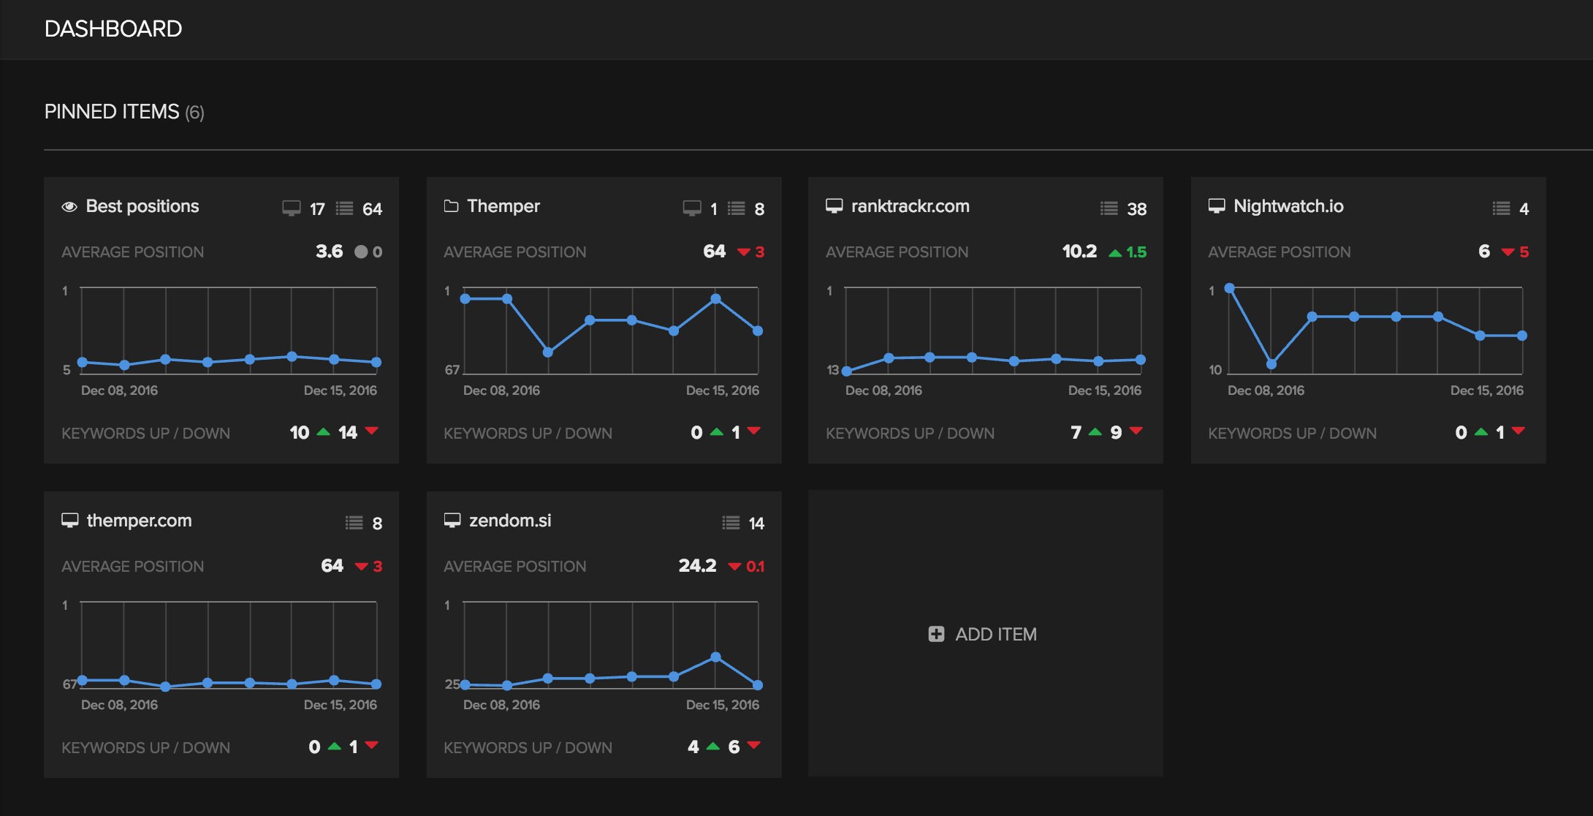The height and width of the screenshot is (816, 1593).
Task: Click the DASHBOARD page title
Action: point(113,29)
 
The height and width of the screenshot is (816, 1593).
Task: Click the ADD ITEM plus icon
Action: point(936,634)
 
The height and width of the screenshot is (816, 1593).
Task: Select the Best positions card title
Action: point(142,206)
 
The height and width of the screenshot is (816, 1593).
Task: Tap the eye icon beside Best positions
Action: point(69,207)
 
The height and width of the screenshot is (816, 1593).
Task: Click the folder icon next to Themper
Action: point(452,206)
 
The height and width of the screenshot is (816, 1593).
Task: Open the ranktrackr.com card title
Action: point(910,206)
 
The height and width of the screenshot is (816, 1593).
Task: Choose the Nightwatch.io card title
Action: point(1288,206)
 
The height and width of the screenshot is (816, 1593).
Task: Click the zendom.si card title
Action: point(510,521)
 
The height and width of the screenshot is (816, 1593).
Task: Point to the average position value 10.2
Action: point(1079,252)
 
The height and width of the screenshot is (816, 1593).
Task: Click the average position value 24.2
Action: point(697,566)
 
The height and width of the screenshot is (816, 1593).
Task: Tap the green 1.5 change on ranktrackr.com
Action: point(1136,252)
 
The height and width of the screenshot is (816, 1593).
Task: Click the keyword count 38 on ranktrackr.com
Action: point(1136,209)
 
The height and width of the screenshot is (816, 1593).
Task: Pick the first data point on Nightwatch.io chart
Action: point(1230,288)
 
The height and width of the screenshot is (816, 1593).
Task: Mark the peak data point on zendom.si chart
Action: point(716,657)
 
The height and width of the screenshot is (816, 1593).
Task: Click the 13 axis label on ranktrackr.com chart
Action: point(832,370)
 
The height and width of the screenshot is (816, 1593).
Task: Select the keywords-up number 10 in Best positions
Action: point(300,433)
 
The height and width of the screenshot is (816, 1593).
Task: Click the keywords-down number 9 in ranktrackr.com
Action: point(1116,433)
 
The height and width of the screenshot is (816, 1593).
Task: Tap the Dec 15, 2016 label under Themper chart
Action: point(722,390)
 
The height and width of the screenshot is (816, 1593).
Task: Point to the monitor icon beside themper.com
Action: point(70,521)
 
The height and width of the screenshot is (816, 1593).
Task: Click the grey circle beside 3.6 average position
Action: point(361,252)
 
